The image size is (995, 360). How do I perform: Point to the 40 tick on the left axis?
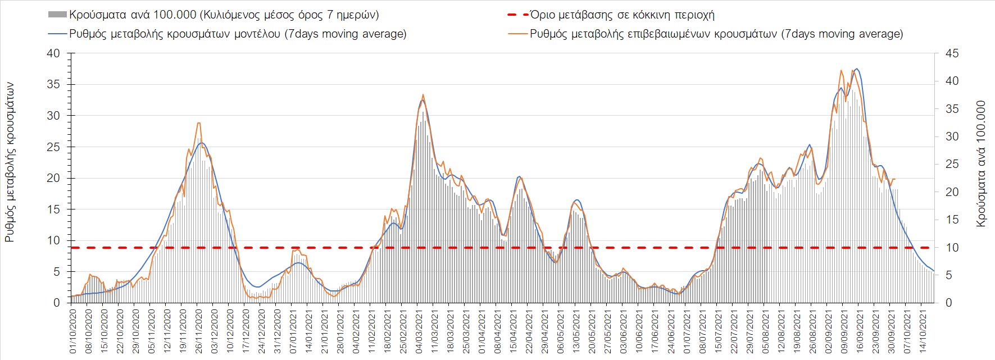[x=54, y=54]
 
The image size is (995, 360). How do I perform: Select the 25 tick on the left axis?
[x=54, y=147]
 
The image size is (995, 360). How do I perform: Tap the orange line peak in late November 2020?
[x=199, y=123]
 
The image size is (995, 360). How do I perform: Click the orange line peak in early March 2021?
[x=422, y=95]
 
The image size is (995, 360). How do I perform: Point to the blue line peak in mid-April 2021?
[x=519, y=177]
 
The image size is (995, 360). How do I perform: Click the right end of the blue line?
[x=934, y=271]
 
